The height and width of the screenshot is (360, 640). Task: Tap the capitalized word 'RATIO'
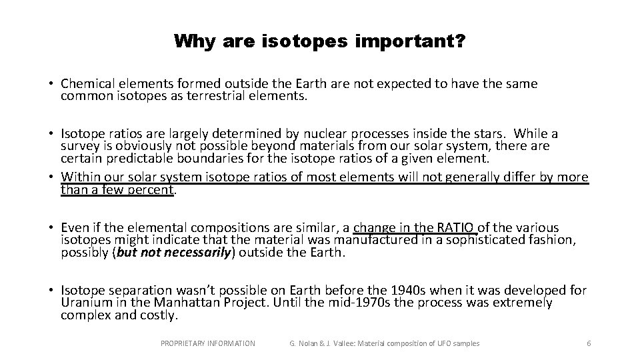459,228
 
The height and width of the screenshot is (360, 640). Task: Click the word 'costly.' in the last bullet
159,315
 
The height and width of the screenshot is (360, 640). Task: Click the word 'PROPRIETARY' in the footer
185,343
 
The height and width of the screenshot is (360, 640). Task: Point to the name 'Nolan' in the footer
311,343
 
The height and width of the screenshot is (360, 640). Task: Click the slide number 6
589,343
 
